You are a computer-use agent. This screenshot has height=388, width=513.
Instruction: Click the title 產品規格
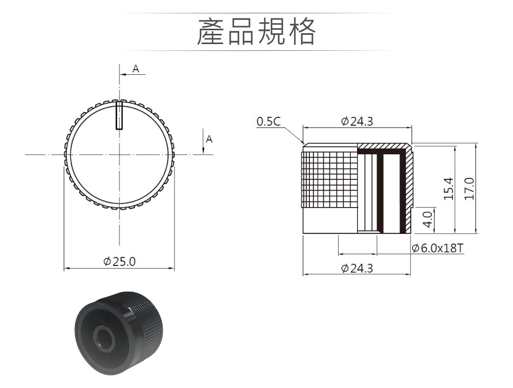coord(256,32)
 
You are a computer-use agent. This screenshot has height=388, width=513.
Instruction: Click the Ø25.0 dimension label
coord(119,261)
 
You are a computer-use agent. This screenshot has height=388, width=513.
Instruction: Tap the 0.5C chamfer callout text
coord(268,121)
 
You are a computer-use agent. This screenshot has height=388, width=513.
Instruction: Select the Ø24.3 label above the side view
coord(357,121)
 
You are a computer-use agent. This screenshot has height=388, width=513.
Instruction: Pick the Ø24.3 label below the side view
coord(357,269)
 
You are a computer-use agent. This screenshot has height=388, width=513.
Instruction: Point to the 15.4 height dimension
coord(448,189)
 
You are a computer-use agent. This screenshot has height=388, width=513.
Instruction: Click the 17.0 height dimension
coord(469,189)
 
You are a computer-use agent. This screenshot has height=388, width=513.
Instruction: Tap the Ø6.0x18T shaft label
coord(438,248)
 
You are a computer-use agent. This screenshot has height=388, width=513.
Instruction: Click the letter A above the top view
coord(136,69)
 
